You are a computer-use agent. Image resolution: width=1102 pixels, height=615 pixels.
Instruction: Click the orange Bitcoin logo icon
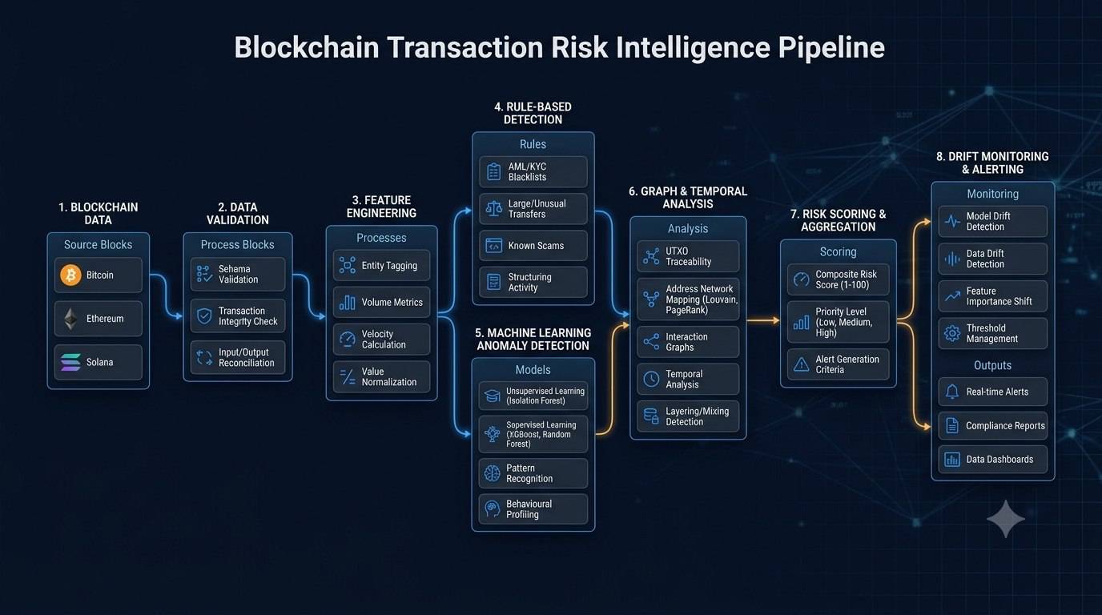pos(70,275)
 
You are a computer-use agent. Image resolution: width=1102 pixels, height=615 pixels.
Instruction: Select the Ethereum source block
pos(99,319)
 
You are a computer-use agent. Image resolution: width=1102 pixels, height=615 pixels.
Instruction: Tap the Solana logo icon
pos(70,362)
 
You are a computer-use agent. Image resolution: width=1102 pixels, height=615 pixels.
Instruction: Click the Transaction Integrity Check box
pos(238,316)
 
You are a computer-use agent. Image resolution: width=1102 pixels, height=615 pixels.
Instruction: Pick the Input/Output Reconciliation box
pos(238,358)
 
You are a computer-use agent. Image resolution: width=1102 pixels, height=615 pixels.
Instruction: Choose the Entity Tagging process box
pos(381,266)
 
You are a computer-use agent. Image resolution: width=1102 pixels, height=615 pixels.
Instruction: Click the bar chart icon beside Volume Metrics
pos(348,303)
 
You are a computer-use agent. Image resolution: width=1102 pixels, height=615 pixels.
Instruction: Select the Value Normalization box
pos(381,377)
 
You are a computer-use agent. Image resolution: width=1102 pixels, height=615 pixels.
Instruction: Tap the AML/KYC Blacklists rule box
pos(533,171)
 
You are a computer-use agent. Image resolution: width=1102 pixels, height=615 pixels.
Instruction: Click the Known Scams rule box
pos(533,246)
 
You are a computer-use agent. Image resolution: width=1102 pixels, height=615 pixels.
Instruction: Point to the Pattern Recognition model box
pos(533,473)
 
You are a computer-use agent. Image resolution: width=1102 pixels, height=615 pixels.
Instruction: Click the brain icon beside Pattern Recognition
pos(492,473)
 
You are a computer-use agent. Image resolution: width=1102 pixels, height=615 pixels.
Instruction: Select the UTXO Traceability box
pos(688,256)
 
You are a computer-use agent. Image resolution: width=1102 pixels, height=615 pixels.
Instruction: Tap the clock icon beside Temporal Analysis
pos(651,380)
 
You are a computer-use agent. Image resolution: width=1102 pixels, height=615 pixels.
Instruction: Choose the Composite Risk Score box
pos(839,279)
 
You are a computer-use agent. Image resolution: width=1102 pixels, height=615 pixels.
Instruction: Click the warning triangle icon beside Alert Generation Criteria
pos(802,364)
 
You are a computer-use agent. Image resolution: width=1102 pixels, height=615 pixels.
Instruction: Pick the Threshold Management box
pos(993,334)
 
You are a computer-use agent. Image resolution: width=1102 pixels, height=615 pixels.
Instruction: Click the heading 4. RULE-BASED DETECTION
pos(533,113)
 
